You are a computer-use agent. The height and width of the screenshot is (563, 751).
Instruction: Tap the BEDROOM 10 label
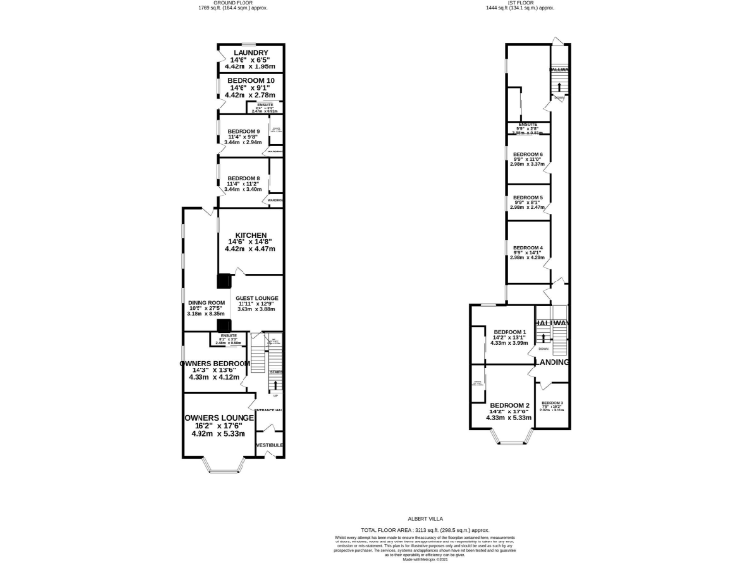point(250,80)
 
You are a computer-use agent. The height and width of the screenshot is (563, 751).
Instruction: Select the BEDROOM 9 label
point(243,131)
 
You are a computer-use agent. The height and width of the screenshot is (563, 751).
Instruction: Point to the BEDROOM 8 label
point(243,178)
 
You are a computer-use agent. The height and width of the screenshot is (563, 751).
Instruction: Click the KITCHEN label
point(250,234)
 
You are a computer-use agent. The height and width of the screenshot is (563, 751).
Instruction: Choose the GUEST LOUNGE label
point(256,297)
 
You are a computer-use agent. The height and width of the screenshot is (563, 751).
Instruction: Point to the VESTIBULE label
point(269,445)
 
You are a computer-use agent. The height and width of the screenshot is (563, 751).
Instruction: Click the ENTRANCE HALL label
point(269,410)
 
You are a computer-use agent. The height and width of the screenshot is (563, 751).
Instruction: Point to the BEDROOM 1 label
point(509,332)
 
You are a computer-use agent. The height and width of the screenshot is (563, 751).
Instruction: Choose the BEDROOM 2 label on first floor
point(509,405)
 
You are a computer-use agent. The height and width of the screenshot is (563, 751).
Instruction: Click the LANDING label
point(552,361)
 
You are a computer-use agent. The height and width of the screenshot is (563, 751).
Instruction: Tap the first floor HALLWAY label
point(552,323)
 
